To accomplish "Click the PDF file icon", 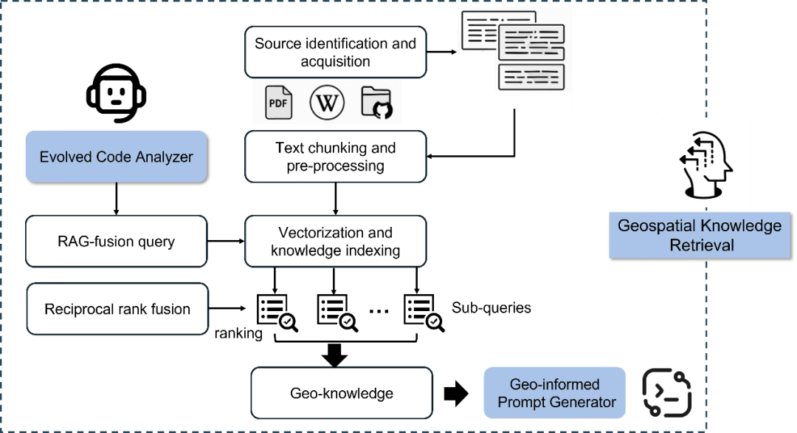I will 278,103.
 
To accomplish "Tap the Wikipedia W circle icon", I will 327,102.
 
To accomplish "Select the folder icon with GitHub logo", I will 377,103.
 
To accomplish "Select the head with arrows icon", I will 706,163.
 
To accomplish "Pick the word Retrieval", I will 701,245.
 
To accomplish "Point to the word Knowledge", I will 740,226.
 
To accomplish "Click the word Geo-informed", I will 554,384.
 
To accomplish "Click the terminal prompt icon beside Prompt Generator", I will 666,392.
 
